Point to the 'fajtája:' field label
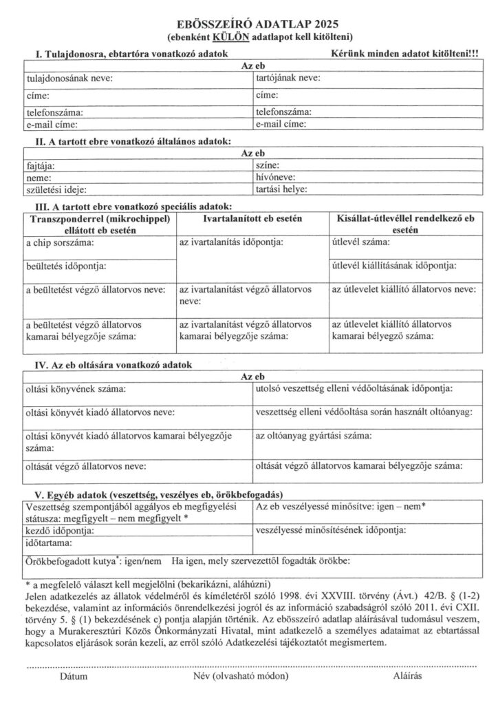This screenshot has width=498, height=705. pyautogui.click(x=41, y=166)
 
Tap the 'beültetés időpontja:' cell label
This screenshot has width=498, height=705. pyautogui.click(x=67, y=265)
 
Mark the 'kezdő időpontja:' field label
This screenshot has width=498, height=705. pyautogui.click(x=58, y=531)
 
